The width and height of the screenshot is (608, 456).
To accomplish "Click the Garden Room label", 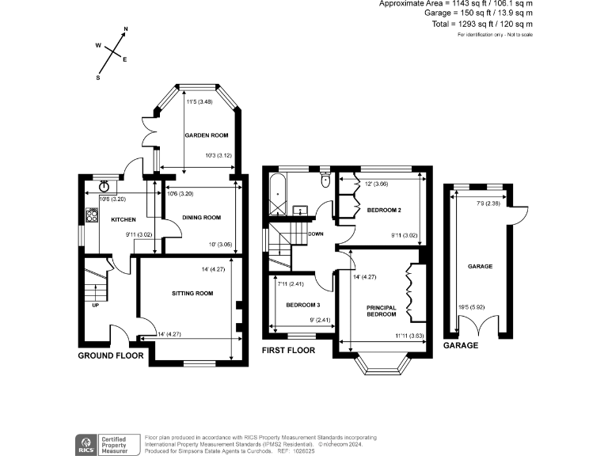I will (207, 135).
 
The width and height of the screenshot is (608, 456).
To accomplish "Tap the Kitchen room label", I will (123, 219).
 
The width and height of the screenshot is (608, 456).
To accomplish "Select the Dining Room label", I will (201, 217).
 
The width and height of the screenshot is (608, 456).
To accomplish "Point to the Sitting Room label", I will (192, 293).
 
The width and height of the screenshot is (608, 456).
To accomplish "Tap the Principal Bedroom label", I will (381, 310).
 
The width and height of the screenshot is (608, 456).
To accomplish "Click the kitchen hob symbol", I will (91, 215).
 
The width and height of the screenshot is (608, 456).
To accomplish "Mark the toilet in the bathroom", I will (325, 180).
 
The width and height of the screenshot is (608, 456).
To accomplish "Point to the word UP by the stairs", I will (96, 305).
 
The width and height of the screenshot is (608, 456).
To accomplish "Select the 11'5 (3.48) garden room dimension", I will (198, 102).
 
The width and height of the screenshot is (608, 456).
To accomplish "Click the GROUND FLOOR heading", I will (110, 356).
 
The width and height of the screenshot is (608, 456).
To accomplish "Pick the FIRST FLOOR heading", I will (288, 349).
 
